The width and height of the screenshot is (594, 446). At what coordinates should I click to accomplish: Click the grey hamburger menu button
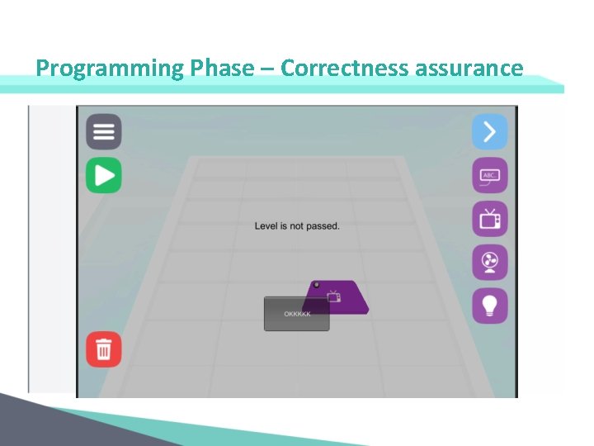[x=104, y=132]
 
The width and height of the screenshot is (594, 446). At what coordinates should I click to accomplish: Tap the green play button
[x=104, y=175]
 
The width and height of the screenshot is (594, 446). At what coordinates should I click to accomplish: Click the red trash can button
[x=104, y=349]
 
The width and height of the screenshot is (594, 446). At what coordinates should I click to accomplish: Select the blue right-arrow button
[x=489, y=132]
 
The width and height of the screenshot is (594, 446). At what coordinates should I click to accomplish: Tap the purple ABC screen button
[x=489, y=176]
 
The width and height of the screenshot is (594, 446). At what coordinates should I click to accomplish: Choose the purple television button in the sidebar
[x=489, y=219]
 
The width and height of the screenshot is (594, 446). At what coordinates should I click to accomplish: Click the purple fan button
[x=489, y=263]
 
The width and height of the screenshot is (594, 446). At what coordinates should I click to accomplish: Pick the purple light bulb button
[x=489, y=306]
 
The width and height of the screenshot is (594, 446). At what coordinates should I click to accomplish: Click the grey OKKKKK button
[x=296, y=315]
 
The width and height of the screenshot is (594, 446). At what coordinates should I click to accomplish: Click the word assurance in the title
[x=469, y=68]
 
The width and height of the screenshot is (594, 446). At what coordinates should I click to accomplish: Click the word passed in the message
[x=323, y=226]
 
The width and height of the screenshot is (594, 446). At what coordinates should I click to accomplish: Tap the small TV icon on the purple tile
[x=333, y=295]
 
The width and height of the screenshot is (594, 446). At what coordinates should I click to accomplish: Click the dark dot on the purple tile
[x=316, y=285]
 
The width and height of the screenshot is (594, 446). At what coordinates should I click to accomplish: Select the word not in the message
[x=294, y=225]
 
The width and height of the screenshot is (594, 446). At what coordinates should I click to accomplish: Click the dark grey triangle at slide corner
[x=33, y=425]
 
